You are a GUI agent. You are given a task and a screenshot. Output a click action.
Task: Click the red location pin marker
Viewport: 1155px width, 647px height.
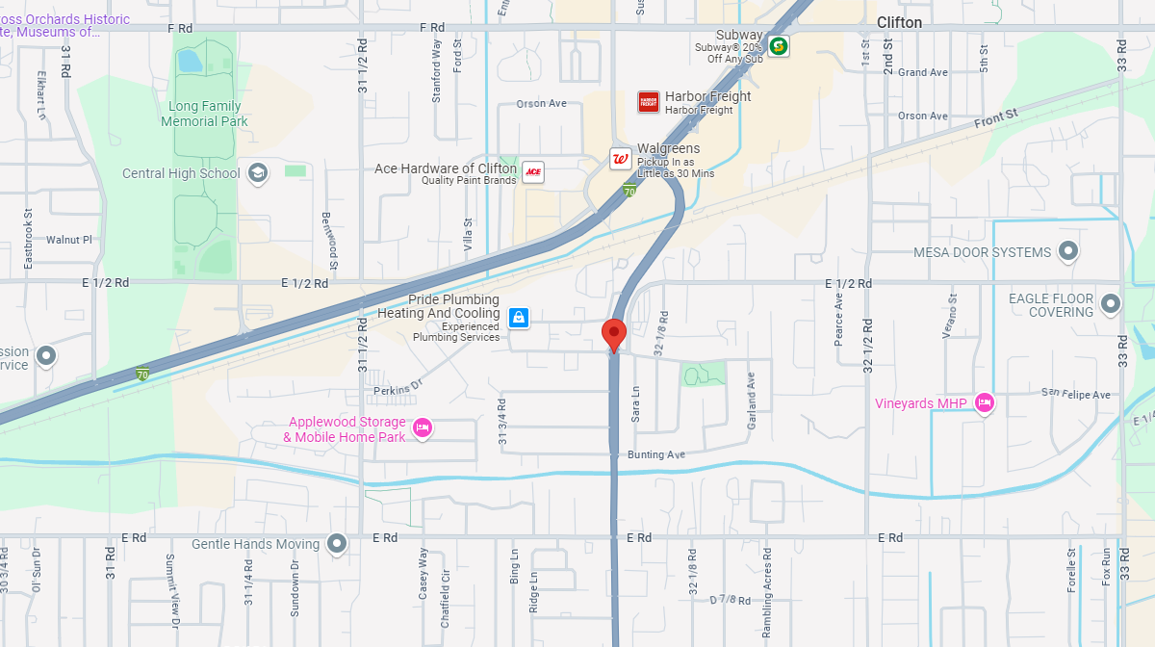(x=614, y=335)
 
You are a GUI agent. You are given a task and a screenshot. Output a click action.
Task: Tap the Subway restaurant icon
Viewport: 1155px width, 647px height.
(x=778, y=45)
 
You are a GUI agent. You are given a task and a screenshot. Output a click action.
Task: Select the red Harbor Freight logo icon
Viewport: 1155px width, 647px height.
(x=649, y=102)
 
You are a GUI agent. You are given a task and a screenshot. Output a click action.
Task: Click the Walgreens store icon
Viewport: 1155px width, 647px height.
(x=621, y=160)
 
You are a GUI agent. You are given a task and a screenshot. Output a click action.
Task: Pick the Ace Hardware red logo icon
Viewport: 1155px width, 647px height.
(x=532, y=172)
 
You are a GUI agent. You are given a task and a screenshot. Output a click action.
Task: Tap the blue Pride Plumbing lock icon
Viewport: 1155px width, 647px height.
(x=518, y=317)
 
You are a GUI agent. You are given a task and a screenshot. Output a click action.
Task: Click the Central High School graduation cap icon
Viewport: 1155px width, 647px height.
(x=257, y=173)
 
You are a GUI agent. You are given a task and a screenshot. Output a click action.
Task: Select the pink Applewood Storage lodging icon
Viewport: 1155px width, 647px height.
(x=422, y=428)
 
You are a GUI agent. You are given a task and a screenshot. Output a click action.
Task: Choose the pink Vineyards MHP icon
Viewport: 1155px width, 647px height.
(x=984, y=403)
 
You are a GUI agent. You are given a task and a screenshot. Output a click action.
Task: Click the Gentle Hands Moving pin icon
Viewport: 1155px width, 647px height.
(x=337, y=544)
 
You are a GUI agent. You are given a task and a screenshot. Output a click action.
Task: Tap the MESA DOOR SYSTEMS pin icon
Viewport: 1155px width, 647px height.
(x=1067, y=252)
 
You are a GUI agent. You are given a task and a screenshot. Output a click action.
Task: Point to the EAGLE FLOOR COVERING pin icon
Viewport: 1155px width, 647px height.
(x=1110, y=304)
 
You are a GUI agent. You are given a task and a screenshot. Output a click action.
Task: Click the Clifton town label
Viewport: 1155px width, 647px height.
(x=899, y=22)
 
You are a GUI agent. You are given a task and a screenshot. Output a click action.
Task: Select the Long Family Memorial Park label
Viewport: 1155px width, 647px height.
(x=204, y=114)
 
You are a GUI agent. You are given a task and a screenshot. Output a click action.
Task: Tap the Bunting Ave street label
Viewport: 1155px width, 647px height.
(x=656, y=454)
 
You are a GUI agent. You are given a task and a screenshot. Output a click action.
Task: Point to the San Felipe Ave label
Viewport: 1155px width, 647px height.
(x=1076, y=395)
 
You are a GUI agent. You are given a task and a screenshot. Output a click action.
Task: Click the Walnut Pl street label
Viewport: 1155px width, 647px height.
(x=68, y=240)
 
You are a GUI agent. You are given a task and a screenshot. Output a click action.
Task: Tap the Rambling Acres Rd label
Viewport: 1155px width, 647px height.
(x=767, y=582)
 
